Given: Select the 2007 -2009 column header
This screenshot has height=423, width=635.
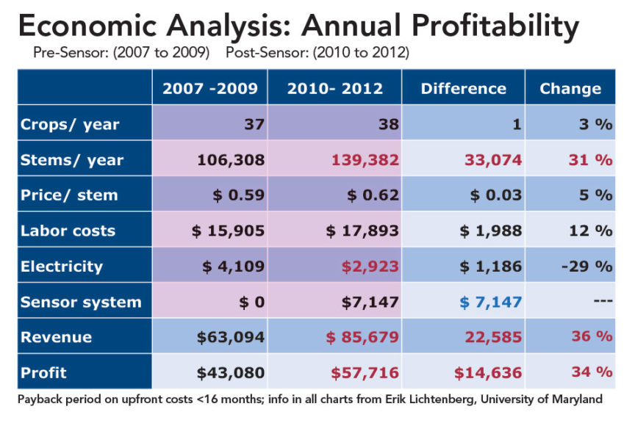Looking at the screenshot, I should point(209,88).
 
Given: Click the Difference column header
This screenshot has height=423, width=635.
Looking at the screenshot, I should point(463,89).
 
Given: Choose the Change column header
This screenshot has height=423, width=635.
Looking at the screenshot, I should point(570,89).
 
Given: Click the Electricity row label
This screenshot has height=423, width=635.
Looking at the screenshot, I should point(62,266).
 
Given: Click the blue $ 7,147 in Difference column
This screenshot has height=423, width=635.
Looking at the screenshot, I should point(491,302).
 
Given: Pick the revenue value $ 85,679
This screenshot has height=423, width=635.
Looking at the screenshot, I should point(363,337).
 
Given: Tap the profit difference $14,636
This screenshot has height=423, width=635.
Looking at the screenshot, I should point(487,372).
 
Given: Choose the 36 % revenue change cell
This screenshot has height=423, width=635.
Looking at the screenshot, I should point(592,337).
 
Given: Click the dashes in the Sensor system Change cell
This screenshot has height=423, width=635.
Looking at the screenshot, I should point(602,302).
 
